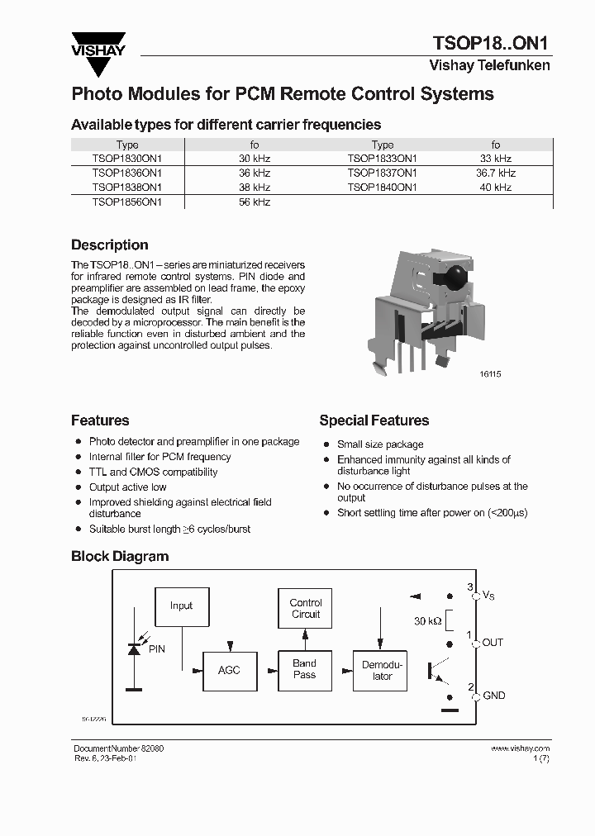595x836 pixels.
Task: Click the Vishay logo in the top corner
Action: [98, 45]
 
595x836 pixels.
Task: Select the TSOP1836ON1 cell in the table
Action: [127, 173]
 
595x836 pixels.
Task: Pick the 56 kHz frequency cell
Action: [255, 202]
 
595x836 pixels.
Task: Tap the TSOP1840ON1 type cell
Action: [382, 188]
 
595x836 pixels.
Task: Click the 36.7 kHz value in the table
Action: [496, 173]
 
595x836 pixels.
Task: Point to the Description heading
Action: [110, 245]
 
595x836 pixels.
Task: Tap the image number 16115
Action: [490, 374]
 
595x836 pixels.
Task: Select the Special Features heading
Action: [374, 420]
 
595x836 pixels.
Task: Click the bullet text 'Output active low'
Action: [127, 487]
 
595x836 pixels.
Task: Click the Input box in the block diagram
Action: [181, 606]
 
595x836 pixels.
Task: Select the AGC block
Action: [229, 670]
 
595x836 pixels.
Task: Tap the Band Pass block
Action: [304, 669]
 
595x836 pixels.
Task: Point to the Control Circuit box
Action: [305, 609]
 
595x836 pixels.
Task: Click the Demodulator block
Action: [382, 670]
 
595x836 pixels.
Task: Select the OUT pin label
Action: [493, 643]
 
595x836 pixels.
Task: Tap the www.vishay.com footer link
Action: [520, 748]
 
